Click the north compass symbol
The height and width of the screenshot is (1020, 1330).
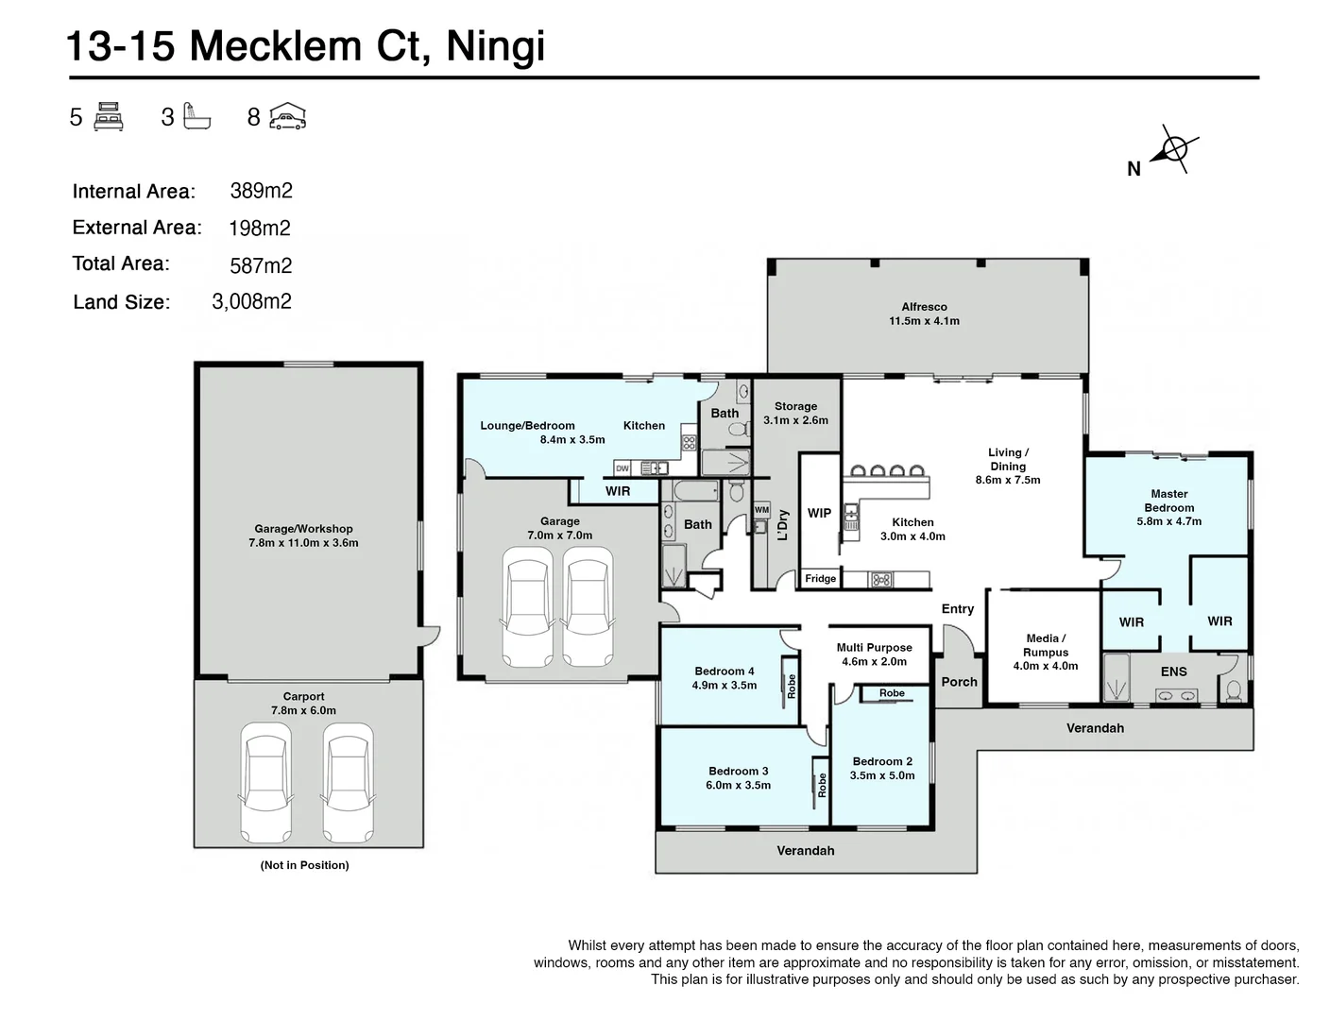tap(1174, 149)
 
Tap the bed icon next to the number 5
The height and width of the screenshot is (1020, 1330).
tap(109, 116)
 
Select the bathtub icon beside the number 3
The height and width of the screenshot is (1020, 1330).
tap(196, 116)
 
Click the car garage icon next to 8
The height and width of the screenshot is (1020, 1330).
tap(287, 116)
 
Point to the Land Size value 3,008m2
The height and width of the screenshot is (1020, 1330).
tap(251, 301)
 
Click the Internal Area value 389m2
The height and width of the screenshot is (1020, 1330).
tap(261, 191)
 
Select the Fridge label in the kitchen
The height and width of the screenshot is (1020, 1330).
tap(820, 579)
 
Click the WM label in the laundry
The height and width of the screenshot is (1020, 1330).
tap(761, 510)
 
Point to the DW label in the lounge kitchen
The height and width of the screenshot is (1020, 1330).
tap(622, 468)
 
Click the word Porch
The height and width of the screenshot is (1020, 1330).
tap(959, 682)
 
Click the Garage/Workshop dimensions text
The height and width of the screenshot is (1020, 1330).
tap(303, 543)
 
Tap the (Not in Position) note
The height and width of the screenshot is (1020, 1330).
tap(304, 865)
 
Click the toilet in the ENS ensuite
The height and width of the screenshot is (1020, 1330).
tap(1233, 691)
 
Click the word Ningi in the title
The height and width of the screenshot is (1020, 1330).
tap(495, 45)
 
